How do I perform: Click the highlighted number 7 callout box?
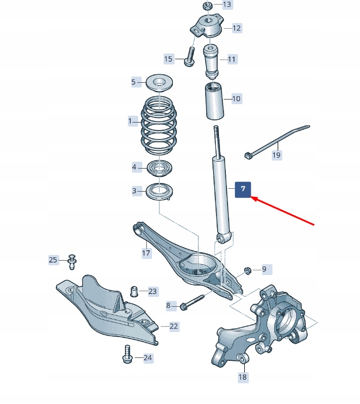point(243,189)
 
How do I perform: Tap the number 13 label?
point(226,5)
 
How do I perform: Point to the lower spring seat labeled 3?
point(160,191)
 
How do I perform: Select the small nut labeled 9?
point(247,269)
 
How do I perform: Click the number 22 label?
point(173,326)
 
